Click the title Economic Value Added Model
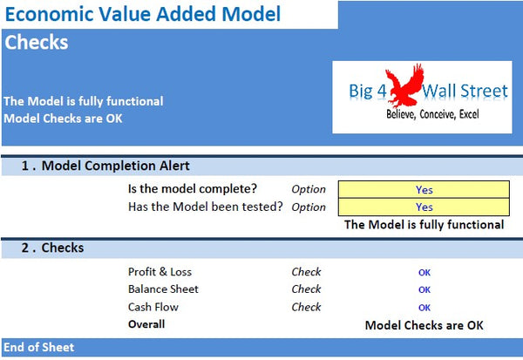(142, 14)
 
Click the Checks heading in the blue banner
(37, 42)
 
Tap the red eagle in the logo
(400, 87)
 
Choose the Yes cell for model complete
(424, 189)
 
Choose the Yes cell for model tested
(424, 207)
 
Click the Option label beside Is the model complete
(309, 189)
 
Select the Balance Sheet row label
(163, 289)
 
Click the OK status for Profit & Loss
(425, 272)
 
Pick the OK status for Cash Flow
(425, 307)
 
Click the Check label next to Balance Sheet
(306, 289)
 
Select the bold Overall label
(146, 324)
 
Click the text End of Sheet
(39, 347)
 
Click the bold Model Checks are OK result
(424, 324)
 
